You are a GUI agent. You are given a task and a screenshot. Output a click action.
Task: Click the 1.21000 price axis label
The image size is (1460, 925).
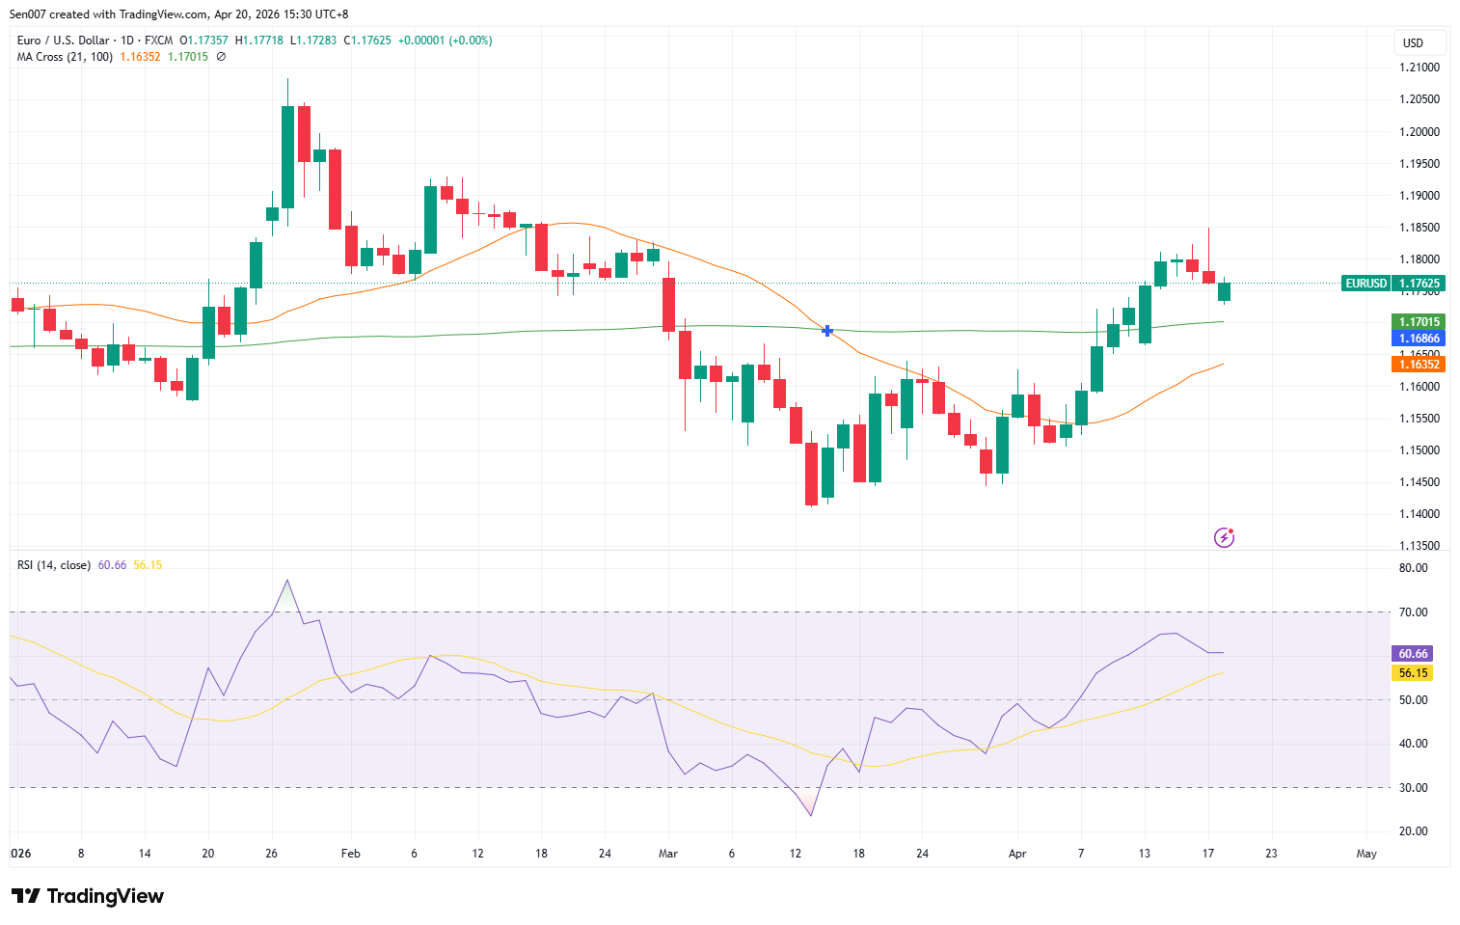point(1419,68)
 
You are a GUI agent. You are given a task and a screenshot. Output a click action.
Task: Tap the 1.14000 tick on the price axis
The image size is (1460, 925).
point(1419,514)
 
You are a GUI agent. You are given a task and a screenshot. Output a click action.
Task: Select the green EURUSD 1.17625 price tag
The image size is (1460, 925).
point(1392,284)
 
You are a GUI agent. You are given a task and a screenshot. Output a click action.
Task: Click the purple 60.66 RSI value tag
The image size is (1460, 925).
point(1413,654)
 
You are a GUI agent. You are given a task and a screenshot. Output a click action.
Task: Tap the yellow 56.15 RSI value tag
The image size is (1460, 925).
point(1413,673)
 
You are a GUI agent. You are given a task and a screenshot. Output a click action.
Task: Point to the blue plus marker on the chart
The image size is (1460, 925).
point(827,331)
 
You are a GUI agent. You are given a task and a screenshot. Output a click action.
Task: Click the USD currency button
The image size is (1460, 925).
point(1414,43)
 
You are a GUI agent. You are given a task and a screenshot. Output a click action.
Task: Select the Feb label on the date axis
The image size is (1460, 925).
point(351,854)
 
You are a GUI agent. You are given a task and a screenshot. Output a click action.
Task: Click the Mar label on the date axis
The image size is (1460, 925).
point(668,854)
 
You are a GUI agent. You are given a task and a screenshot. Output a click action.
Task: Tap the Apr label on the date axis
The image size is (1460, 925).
point(1017,854)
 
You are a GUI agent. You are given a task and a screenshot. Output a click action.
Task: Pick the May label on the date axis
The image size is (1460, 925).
point(1366,854)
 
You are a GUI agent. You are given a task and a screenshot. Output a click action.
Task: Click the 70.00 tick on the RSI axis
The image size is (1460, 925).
point(1414,612)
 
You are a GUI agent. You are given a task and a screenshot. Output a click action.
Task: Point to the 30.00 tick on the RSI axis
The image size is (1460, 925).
point(1414,788)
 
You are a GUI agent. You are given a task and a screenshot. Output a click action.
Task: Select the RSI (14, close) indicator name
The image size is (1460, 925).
point(54,565)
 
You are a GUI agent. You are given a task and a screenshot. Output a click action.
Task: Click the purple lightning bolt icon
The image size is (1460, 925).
point(1224,537)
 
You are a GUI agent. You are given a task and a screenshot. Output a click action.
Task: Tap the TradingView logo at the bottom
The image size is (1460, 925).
point(88,896)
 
